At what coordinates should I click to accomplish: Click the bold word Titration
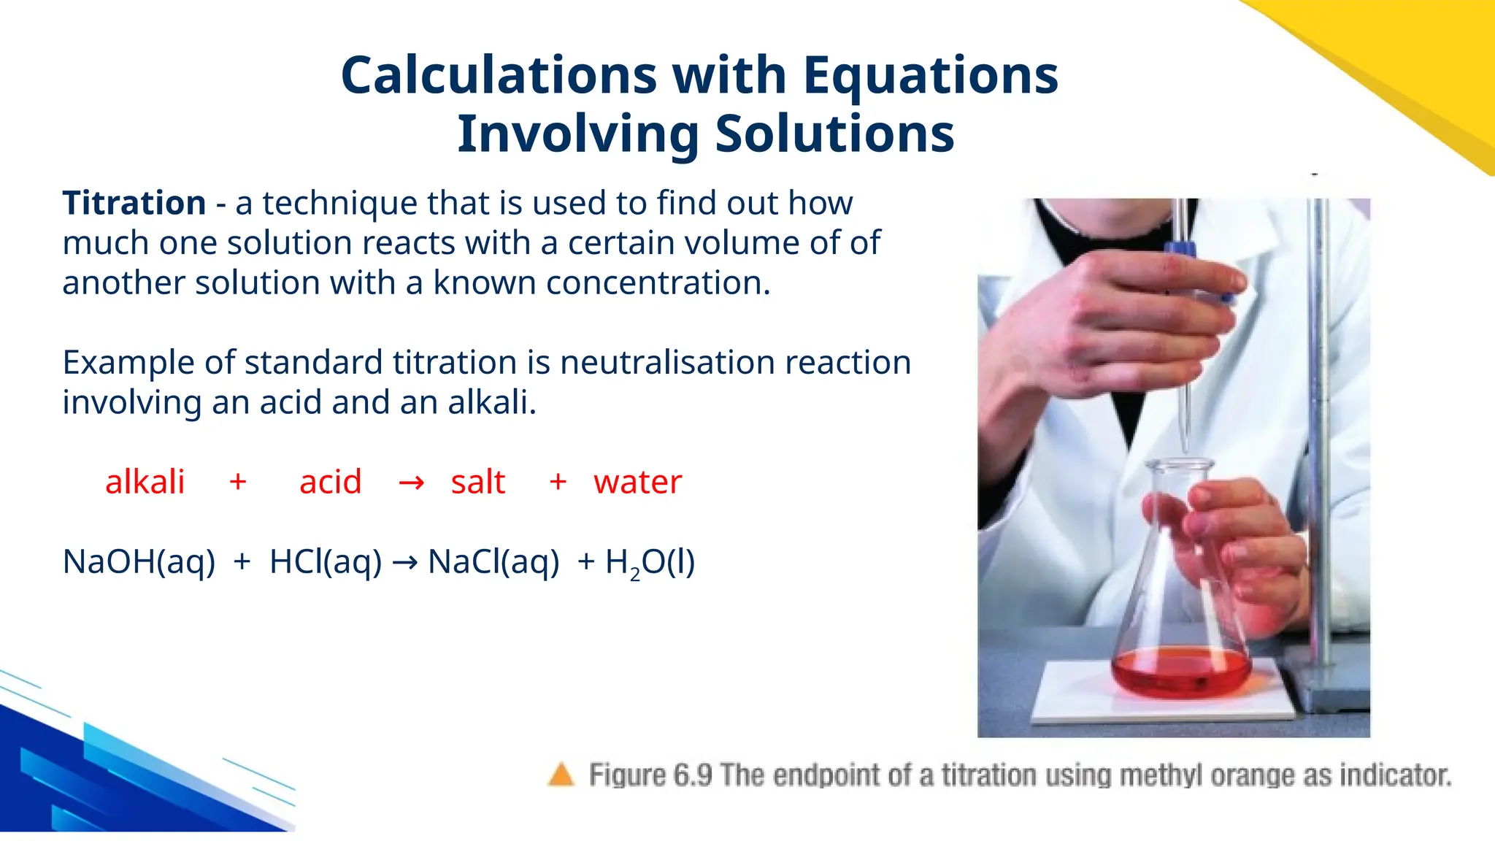point(134,203)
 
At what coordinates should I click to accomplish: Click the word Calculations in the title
point(499,75)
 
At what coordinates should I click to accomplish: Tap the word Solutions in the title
point(834,134)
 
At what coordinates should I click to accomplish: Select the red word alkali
point(145,482)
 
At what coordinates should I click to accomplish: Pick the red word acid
point(330,482)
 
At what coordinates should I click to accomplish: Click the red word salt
point(477,482)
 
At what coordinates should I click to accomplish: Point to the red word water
point(637,482)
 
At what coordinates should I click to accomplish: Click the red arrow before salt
point(411,483)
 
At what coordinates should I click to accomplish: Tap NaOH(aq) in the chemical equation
point(139,562)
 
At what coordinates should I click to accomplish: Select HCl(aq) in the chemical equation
point(326,562)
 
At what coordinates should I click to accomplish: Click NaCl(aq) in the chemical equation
point(493,562)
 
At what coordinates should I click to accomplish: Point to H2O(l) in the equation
point(650,562)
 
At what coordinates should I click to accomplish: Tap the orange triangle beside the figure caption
point(561,775)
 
